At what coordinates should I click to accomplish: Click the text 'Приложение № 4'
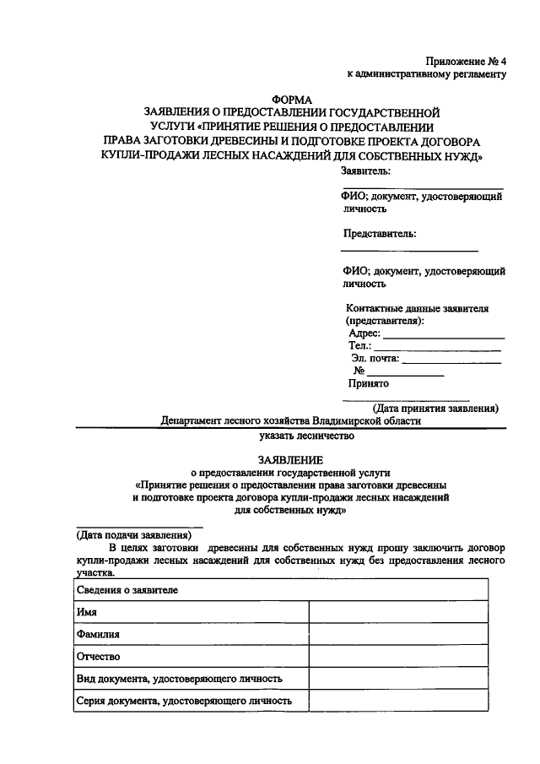(x=466, y=61)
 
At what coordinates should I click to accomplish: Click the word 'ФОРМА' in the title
(x=292, y=100)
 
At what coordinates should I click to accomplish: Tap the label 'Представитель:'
(x=380, y=234)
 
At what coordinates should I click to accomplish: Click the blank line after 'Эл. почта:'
(x=451, y=360)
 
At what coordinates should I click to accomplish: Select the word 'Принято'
(x=369, y=383)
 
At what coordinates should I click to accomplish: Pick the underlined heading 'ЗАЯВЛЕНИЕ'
(x=291, y=460)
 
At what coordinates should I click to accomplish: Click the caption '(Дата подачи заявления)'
(x=133, y=535)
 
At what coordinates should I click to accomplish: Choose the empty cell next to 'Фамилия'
(x=397, y=634)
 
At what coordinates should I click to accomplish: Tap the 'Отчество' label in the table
(x=98, y=656)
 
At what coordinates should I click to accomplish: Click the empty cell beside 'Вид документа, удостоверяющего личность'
(x=397, y=678)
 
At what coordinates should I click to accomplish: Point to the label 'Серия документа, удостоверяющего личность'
(x=184, y=700)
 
